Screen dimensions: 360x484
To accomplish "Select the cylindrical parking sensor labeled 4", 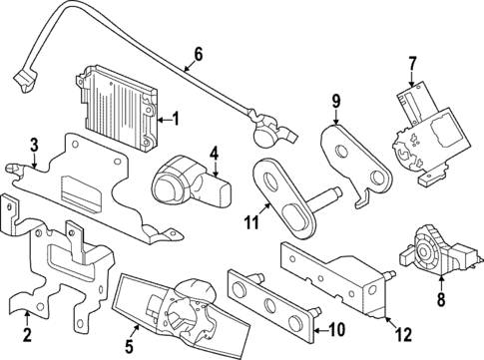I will pos(180,180).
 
